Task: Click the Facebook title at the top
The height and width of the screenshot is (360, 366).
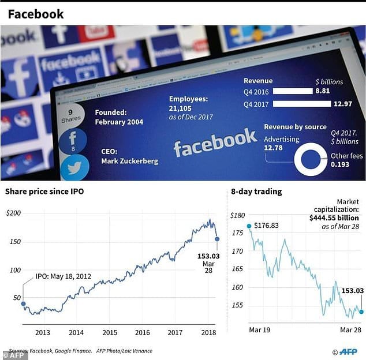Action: click(36, 14)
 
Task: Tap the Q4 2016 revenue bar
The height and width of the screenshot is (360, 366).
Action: click(292, 91)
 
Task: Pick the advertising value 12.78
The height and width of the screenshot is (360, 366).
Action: click(276, 149)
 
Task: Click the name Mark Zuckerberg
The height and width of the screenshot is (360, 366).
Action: click(129, 161)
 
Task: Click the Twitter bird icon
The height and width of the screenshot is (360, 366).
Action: click(74, 168)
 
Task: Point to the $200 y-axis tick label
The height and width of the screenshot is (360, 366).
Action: click(13, 213)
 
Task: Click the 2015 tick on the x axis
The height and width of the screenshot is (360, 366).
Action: click(110, 332)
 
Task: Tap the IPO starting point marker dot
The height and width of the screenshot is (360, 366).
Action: click(23, 303)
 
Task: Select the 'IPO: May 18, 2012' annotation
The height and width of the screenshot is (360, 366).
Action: click(64, 277)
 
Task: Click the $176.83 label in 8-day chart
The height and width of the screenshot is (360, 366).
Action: click(266, 226)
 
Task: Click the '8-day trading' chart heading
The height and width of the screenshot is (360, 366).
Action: click(256, 192)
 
